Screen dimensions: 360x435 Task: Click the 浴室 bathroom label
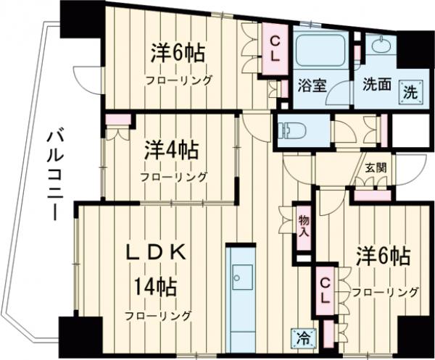tap(312, 85)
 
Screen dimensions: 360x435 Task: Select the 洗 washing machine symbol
tap(410, 92)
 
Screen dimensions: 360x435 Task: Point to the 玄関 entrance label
tap(376, 167)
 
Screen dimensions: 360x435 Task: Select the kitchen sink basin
tap(242, 278)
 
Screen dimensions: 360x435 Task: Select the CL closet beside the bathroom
tap(278, 48)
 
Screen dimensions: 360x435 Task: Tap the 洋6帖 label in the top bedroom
tap(178, 54)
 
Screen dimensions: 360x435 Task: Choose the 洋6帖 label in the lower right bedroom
tap(384, 257)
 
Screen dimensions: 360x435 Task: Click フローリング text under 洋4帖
tap(173, 177)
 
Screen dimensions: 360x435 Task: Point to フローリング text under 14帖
tap(157, 315)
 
